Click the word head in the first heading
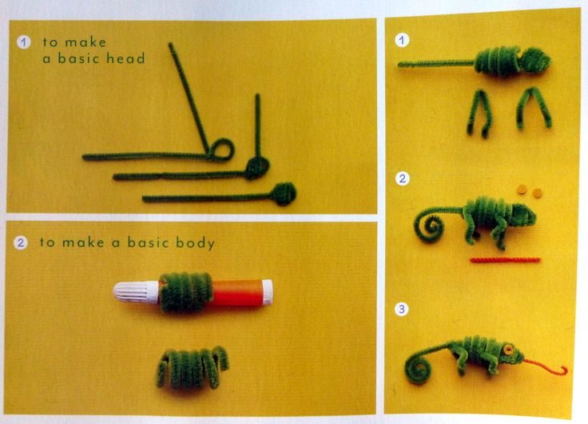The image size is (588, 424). coord(125,58)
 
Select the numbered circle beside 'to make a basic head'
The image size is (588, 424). coord(24,42)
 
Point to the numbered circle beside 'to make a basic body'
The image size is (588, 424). coord(21,242)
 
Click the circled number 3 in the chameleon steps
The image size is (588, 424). coord(402,309)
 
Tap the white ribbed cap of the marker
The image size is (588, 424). coord(137,292)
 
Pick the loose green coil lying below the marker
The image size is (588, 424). coord(191,368)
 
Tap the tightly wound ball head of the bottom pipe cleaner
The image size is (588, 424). coord(284,194)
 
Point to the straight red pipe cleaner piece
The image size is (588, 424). coord(505,259)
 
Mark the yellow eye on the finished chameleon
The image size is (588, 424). coord(508,350)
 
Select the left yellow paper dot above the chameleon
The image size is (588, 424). coord(522,190)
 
